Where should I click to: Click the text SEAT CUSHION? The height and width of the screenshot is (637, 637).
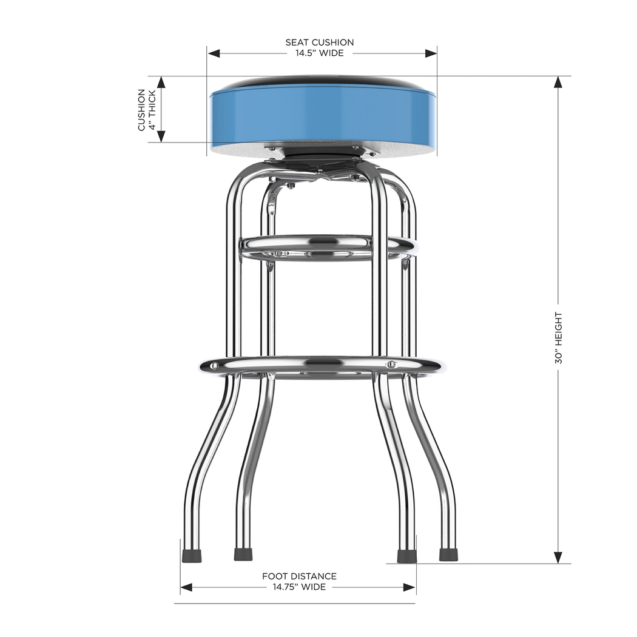pos(320,42)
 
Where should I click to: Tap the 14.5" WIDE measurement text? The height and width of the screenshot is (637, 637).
pos(320,53)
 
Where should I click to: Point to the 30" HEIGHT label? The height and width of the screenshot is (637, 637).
pos(558,338)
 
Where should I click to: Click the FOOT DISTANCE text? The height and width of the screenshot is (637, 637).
pos(299,576)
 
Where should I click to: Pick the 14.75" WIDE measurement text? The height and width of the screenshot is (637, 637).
pos(299,587)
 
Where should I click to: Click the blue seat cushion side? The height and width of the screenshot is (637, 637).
pos(322,118)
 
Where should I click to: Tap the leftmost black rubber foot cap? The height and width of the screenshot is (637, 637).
pos(191,554)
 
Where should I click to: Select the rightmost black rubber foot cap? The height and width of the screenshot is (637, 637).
pos(448,554)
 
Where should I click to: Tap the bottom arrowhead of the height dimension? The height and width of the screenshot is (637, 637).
pos(558,558)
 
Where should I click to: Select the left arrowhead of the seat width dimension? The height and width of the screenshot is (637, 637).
pos(214,53)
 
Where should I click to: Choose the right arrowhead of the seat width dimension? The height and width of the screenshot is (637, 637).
pos(431,53)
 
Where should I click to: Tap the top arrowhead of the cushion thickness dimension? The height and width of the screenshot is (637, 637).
pos(161,83)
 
